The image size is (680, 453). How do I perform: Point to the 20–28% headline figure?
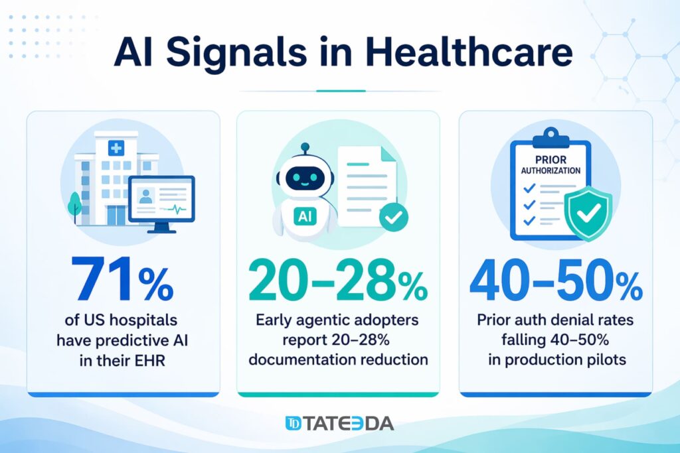click(x=338, y=281)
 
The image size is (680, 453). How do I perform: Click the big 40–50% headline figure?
click(x=556, y=281)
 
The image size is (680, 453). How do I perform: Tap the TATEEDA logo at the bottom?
click(x=339, y=423)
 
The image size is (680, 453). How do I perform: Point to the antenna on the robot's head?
click(x=305, y=148)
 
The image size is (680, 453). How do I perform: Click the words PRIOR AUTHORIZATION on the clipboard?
click(x=551, y=164)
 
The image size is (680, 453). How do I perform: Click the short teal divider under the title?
click(x=340, y=90)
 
